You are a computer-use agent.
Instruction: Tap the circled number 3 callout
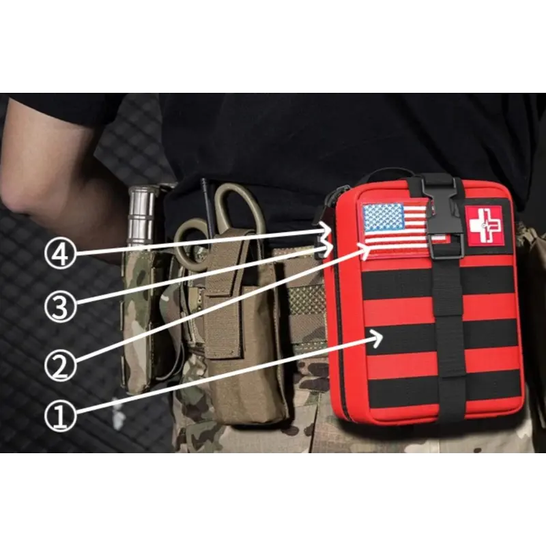tap(60, 306)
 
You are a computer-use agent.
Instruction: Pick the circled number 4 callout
tap(60, 253)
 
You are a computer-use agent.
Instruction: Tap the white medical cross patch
tap(485, 225)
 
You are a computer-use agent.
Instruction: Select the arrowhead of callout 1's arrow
tap(378, 337)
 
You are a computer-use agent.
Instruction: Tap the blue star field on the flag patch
tap(383, 218)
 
